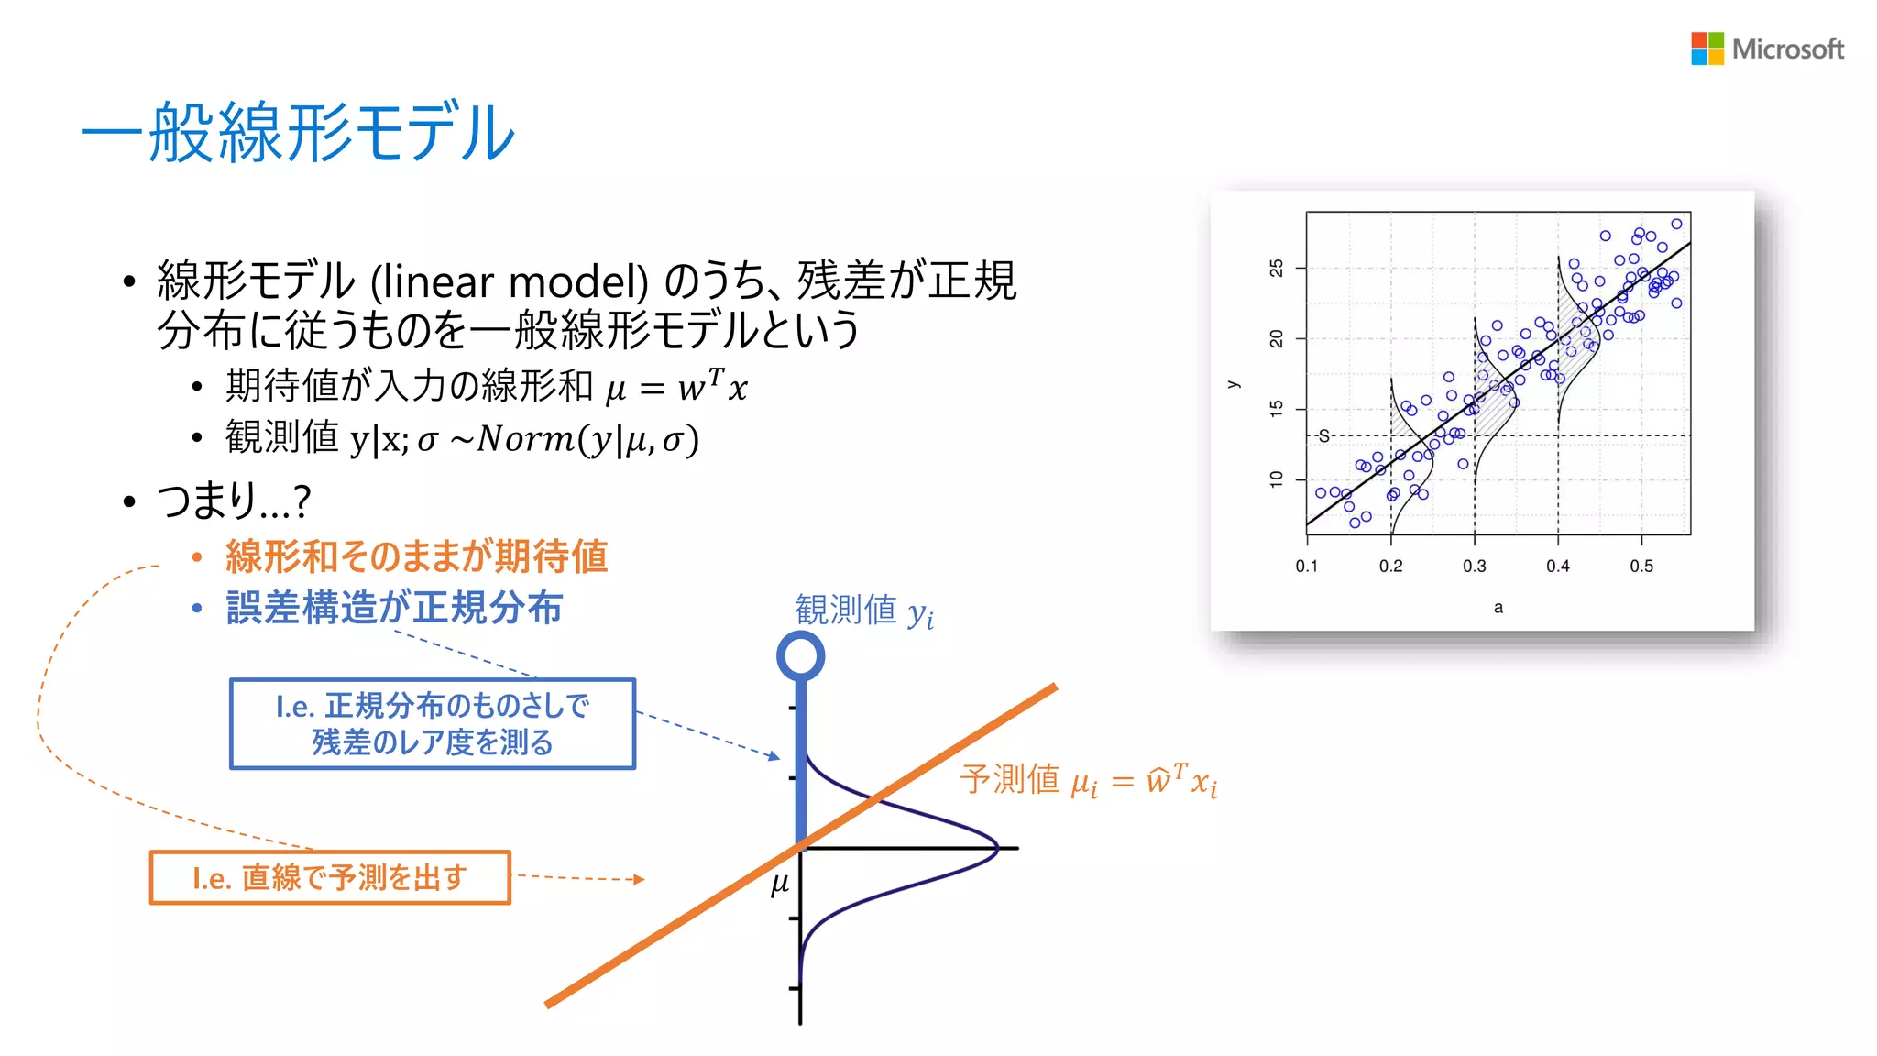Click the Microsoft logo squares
tap(1707, 49)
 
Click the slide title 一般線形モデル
tap(299, 134)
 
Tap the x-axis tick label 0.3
tap(1474, 566)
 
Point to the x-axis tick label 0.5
tap(1641, 566)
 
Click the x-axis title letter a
tap(1498, 607)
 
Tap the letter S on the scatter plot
tap(1323, 436)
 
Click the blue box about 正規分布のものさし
tap(433, 723)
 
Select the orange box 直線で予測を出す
tap(330, 877)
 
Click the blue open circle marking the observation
tap(800, 655)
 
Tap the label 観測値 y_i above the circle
tap(863, 610)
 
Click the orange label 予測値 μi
tap(1088, 781)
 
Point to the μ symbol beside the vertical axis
tap(780, 884)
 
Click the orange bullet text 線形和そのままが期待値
tap(416, 556)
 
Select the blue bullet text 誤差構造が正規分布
tap(394, 608)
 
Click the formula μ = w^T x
tap(676, 387)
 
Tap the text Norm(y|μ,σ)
tap(587, 439)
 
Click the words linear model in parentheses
tap(510, 281)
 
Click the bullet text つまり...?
tap(234, 500)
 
